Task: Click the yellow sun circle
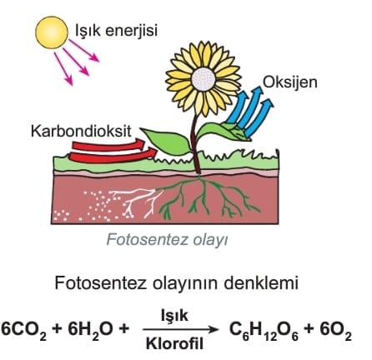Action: (52, 32)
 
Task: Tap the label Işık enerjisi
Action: (117, 30)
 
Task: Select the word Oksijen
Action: (290, 82)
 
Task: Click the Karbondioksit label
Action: (81, 131)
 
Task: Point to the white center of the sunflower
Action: (204, 79)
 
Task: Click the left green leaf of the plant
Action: (167, 141)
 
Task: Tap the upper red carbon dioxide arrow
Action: (108, 145)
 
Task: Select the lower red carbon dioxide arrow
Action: (113, 156)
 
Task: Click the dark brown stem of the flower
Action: (196, 143)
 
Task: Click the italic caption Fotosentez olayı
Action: (167, 240)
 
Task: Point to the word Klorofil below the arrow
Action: (174, 344)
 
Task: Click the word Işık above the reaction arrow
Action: (174, 316)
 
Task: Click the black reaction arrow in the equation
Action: (181, 330)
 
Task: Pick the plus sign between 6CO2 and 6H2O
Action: (58, 329)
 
